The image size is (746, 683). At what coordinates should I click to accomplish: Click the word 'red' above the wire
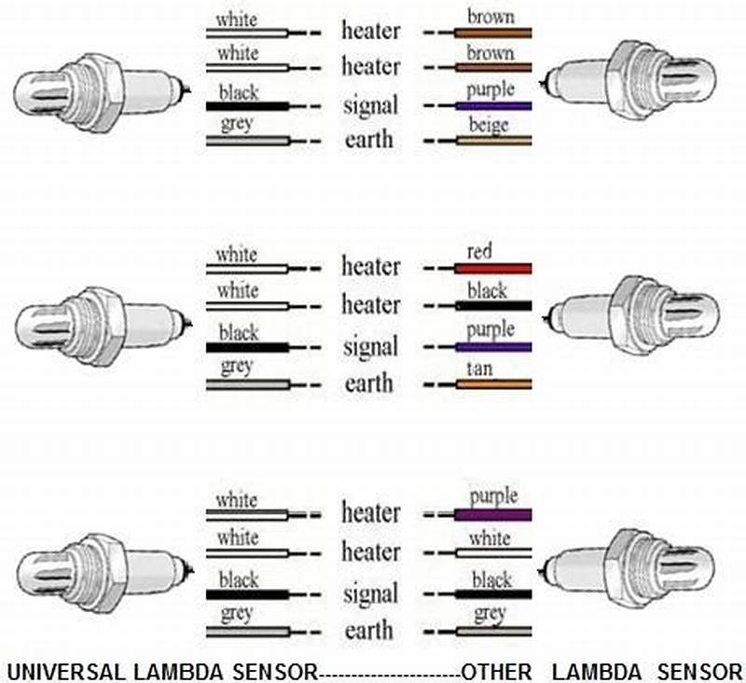click(481, 251)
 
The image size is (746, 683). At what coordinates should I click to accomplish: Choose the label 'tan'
click(481, 368)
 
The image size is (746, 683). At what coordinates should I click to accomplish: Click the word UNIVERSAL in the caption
click(62, 670)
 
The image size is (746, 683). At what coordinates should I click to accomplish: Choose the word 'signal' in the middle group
click(369, 347)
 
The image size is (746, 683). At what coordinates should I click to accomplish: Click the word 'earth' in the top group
click(369, 141)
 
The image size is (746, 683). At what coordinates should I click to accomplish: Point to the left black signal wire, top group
click(246, 106)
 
